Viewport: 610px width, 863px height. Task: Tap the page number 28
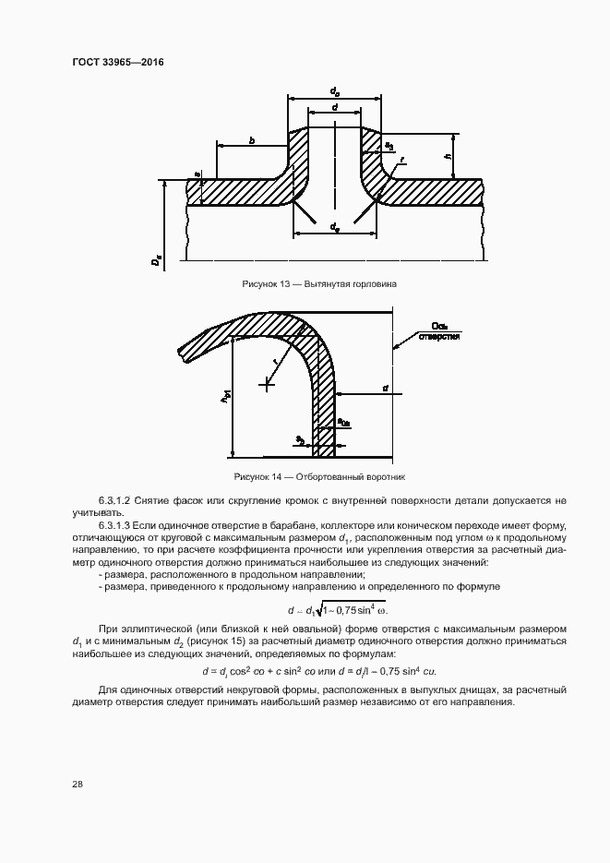pyautogui.click(x=78, y=784)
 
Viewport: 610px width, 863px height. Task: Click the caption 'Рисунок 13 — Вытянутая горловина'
pyautogui.click(x=318, y=283)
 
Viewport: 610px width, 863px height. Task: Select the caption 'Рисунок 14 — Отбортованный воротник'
pyautogui.click(x=320, y=476)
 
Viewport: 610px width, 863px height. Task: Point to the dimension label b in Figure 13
pyautogui.click(x=251, y=141)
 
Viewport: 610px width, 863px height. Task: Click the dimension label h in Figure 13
pyautogui.click(x=447, y=157)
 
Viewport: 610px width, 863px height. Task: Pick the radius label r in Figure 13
pyautogui.click(x=403, y=160)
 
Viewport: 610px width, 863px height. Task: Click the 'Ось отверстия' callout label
pyautogui.click(x=439, y=331)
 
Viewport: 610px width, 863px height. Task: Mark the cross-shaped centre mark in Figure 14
pyautogui.click(x=268, y=383)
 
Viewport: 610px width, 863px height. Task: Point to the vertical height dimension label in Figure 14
pyautogui.click(x=224, y=398)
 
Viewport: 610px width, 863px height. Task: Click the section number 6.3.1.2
pyautogui.click(x=115, y=500)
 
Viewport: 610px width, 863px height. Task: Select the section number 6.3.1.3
pyautogui.click(x=115, y=525)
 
